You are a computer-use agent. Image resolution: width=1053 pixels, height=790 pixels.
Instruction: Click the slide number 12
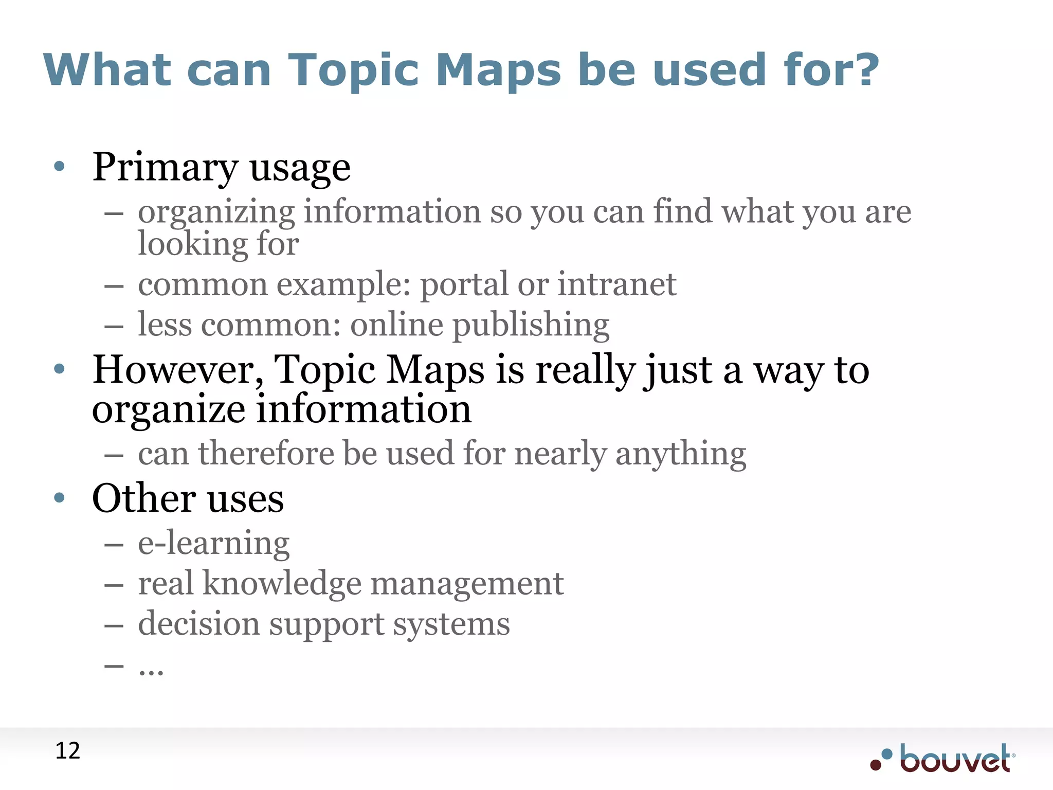67,751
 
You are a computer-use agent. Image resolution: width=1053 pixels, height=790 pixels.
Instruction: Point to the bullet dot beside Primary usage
60,166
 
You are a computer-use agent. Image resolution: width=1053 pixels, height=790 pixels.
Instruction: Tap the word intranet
616,284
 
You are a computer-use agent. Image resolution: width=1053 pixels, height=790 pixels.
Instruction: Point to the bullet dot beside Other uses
60,497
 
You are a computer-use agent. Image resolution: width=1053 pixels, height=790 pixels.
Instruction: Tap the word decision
198,624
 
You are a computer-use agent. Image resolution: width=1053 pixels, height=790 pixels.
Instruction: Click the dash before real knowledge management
114,585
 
